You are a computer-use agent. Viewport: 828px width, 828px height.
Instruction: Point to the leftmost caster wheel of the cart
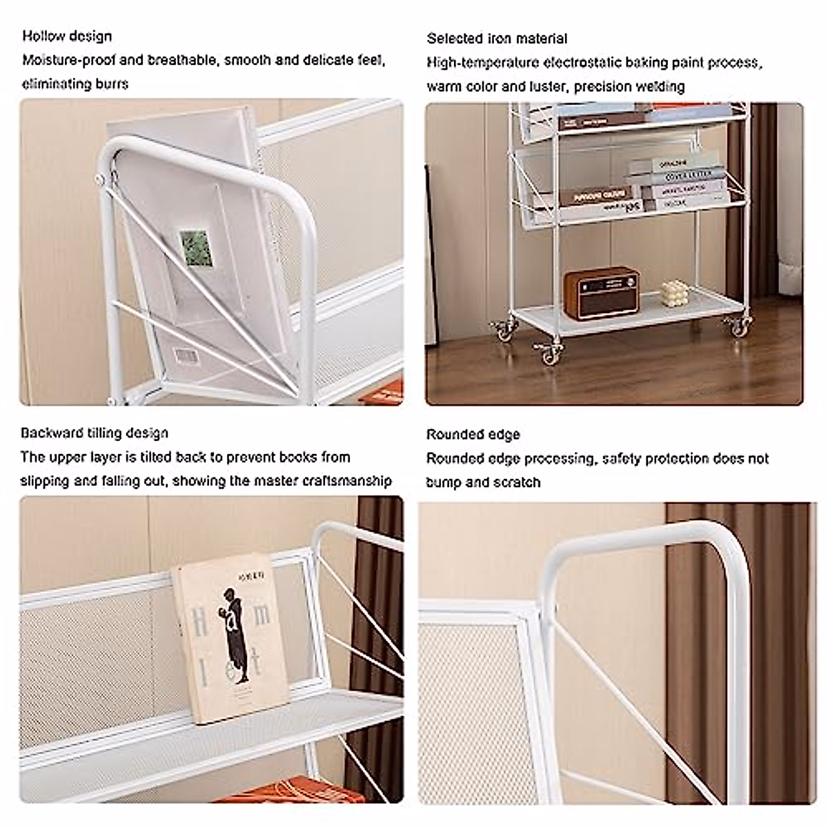pos(501,330)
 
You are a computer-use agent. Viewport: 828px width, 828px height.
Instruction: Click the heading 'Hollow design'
pos(67,36)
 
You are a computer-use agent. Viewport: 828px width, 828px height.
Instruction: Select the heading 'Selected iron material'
pos(497,39)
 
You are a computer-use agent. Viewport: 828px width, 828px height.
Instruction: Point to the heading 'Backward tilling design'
pos(94,433)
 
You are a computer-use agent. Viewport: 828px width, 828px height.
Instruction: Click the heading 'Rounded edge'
pos(473,435)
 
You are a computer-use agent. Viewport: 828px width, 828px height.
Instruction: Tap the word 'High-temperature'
pos(482,63)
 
